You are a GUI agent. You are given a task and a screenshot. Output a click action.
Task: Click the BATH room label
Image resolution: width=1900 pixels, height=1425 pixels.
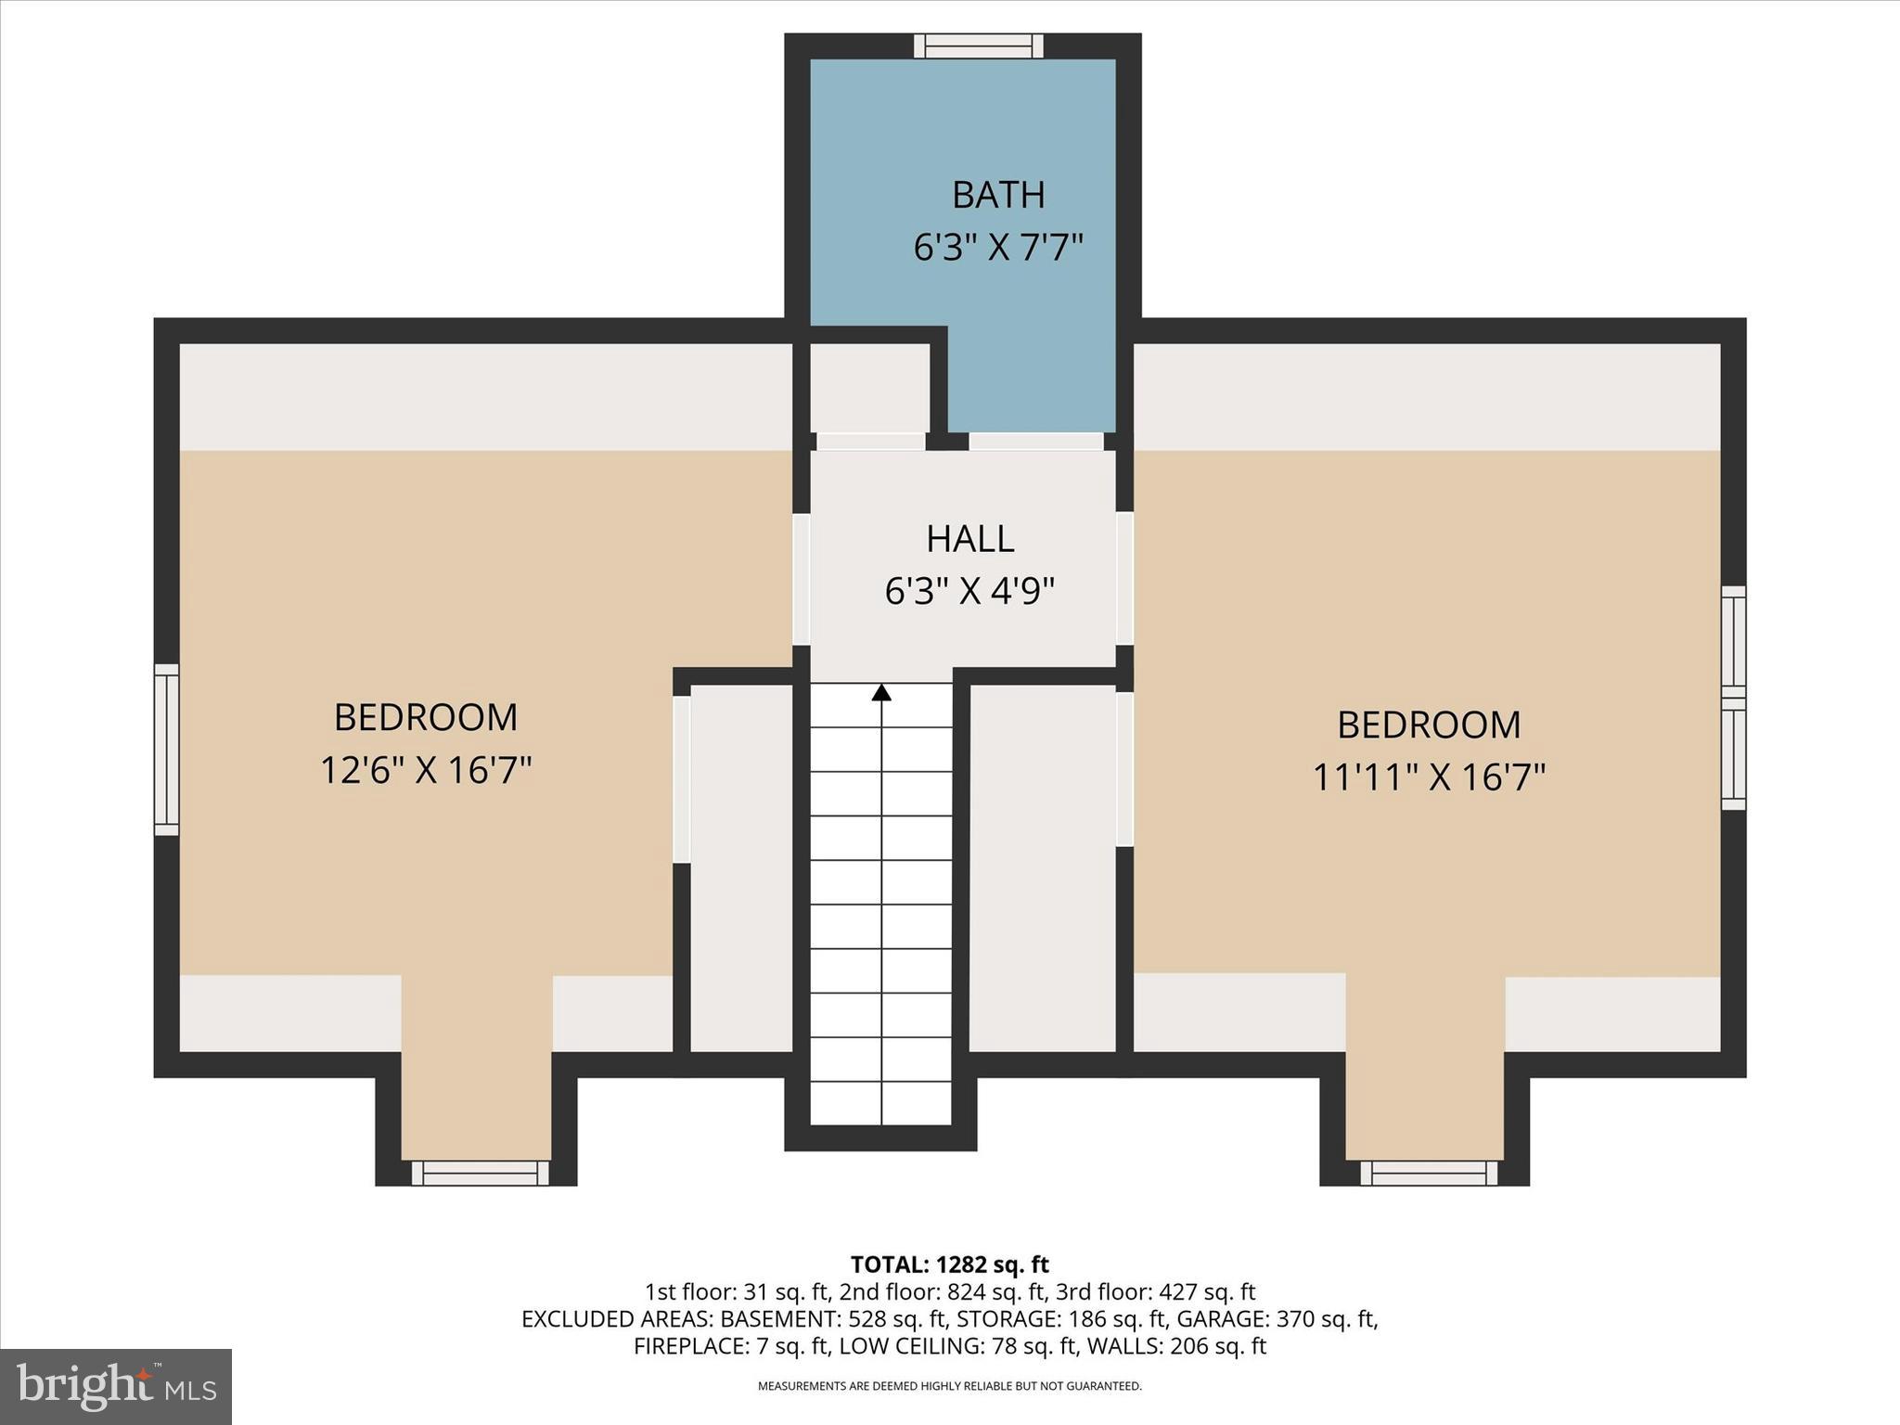pyautogui.click(x=998, y=195)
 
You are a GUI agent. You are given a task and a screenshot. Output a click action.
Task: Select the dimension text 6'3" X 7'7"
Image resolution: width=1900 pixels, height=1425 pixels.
pyautogui.click(x=998, y=248)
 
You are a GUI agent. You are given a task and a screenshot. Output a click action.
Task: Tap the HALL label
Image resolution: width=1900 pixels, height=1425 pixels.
pyautogui.click(x=970, y=539)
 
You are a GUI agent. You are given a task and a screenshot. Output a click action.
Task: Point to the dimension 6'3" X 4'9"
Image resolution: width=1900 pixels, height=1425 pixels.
pyautogui.click(x=970, y=591)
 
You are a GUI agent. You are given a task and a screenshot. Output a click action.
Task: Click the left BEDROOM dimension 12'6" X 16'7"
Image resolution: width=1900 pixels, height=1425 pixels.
pyautogui.click(x=426, y=770)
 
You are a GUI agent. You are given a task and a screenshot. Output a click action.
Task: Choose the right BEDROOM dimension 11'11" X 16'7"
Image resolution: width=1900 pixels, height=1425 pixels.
pyautogui.click(x=1429, y=777)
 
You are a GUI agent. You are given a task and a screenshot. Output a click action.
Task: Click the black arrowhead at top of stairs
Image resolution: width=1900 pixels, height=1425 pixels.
pyautogui.click(x=881, y=692)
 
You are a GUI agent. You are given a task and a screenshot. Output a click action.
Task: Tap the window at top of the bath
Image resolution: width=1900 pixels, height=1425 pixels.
pyautogui.click(x=978, y=45)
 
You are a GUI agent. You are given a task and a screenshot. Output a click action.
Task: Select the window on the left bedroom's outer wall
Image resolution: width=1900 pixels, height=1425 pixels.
pyautogui.click(x=166, y=750)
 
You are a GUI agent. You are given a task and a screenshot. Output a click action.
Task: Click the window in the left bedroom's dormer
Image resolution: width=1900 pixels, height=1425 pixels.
pyautogui.click(x=480, y=1174)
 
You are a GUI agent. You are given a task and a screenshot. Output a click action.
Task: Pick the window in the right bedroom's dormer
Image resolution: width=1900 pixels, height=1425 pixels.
pyautogui.click(x=1429, y=1174)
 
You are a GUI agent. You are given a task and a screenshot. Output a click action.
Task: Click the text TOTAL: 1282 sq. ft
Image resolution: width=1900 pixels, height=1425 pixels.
pyautogui.click(x=949, y=1265)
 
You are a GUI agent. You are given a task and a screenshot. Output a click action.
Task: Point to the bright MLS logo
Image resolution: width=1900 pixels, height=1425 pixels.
pyautogui.click(x=116, y=1386)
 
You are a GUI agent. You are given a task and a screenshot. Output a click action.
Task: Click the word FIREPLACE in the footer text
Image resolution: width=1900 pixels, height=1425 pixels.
pyautogui.click(x=686, y=1345)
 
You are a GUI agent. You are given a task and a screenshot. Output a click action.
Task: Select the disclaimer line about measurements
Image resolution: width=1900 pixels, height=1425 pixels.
pyautogui.click(x=949, y=1386)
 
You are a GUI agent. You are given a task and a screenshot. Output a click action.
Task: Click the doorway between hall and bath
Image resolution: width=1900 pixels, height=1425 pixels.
pyautogui.click(x=1036, y=442)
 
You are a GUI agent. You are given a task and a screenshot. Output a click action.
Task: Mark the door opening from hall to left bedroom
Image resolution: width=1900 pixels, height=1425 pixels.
pyautogui.click(x=802, y=580)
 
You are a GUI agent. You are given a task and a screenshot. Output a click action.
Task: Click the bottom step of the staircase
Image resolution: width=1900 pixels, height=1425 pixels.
pyautogui.click(x=881, y=1104)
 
